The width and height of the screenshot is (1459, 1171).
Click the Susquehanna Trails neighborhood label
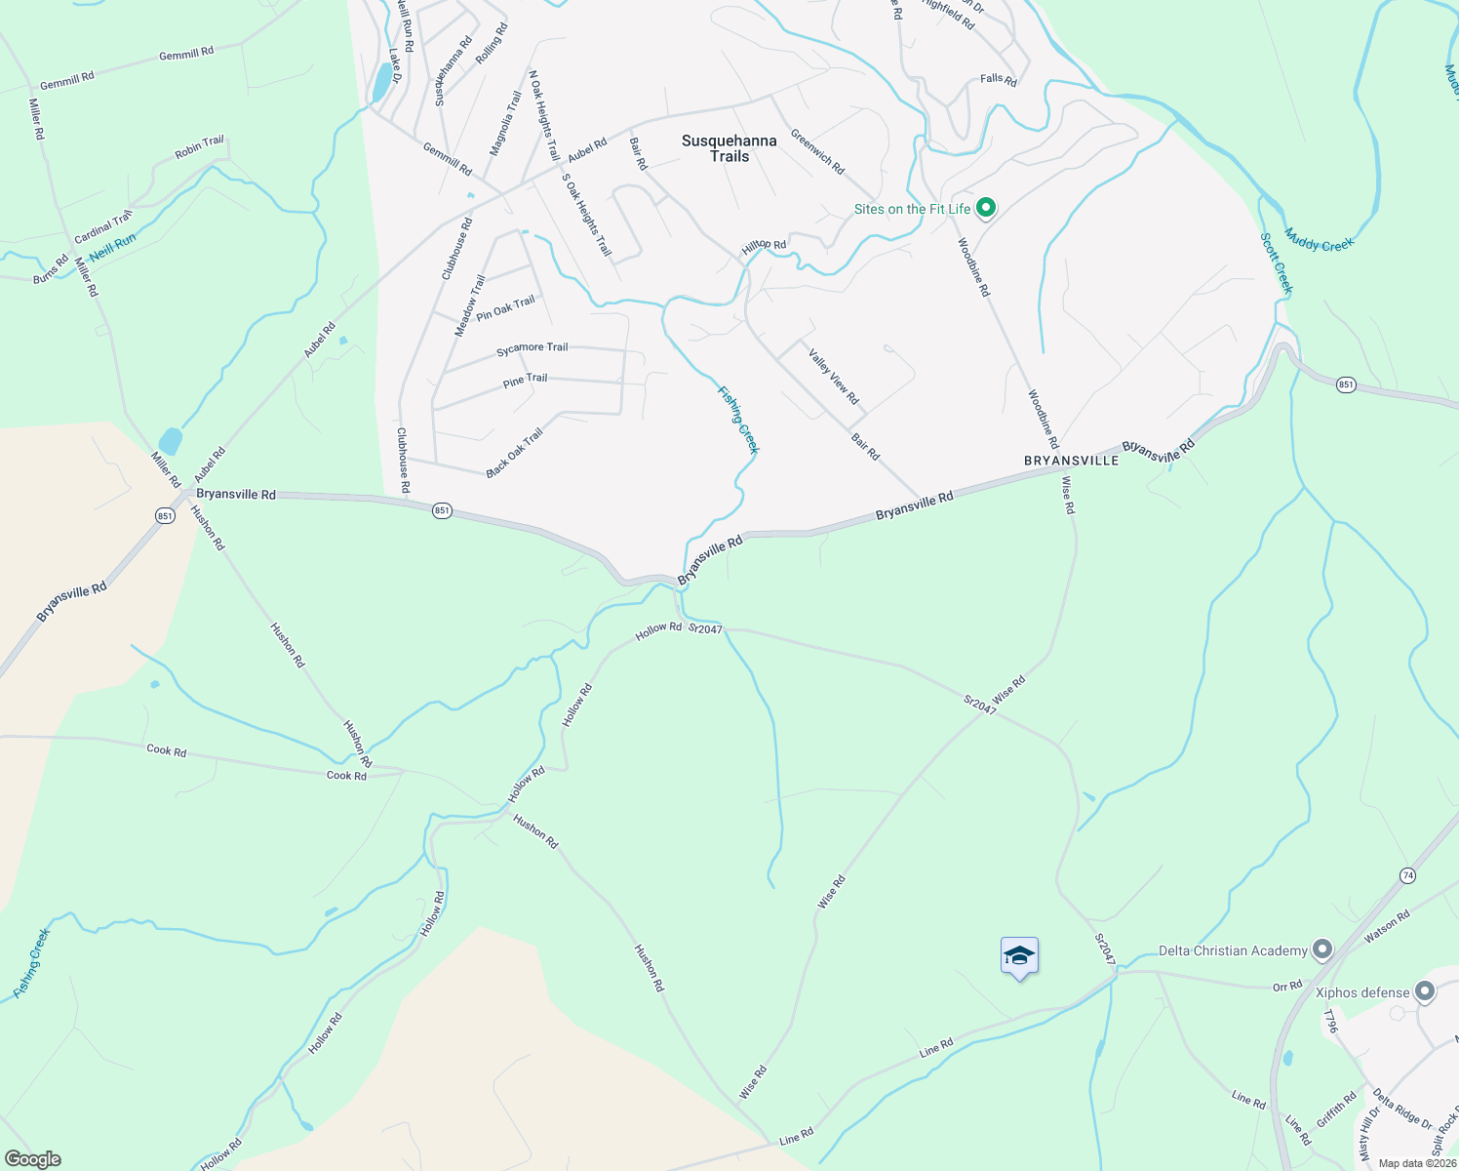coord(729,148)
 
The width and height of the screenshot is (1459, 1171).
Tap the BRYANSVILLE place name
coord(1071,460)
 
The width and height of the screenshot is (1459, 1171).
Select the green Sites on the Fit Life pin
coord(986,208)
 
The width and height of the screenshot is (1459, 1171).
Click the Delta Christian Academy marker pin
coord(1322,949)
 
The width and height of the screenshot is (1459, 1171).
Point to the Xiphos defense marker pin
coord(1425,992)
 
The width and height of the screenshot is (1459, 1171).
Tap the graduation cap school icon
coord(1019,956)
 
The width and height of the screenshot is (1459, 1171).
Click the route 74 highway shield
coord(1407,875)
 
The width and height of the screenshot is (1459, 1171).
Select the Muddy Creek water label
coord(1320,240)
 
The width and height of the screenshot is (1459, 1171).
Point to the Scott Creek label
coord(1277,262)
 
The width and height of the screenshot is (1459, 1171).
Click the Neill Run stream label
coord(112,247)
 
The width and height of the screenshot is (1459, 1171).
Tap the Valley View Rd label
coord(834,377)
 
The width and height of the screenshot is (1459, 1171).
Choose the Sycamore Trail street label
coord(532,348)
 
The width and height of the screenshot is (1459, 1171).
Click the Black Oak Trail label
coord(514,454)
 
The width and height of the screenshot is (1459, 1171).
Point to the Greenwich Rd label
coord(817,151)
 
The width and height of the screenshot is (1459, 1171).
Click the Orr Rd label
coord(1287,987)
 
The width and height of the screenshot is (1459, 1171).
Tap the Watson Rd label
coord(1387,926)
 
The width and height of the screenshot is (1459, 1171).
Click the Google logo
coord(32,1159)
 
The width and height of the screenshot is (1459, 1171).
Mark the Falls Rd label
coord(998,79)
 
